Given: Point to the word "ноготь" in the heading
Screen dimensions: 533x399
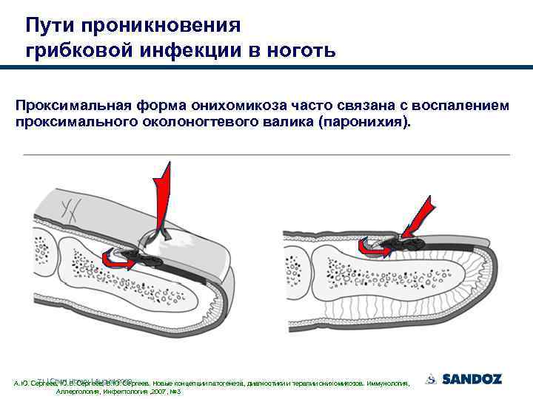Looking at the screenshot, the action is [299, 50].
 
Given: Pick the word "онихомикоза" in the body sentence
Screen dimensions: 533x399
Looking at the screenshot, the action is [232, 106].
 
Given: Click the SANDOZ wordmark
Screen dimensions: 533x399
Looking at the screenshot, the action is [472, 379].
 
